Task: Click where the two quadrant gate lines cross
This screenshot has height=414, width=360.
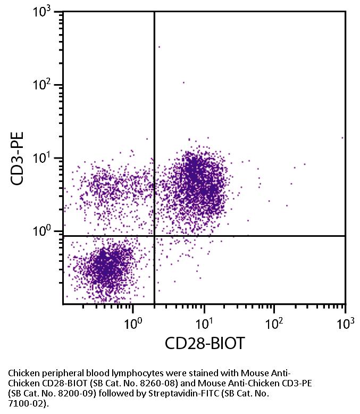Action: click(x=154, y=236)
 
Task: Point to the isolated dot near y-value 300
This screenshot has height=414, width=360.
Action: click(x=158, y=47)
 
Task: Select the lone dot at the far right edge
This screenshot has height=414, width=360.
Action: click(x=342, y=137)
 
